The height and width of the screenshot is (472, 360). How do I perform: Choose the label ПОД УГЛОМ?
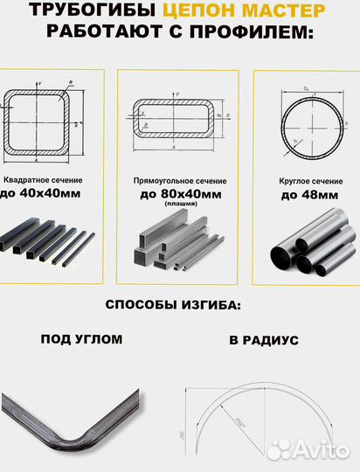82,339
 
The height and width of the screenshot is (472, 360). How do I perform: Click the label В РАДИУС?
263,339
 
